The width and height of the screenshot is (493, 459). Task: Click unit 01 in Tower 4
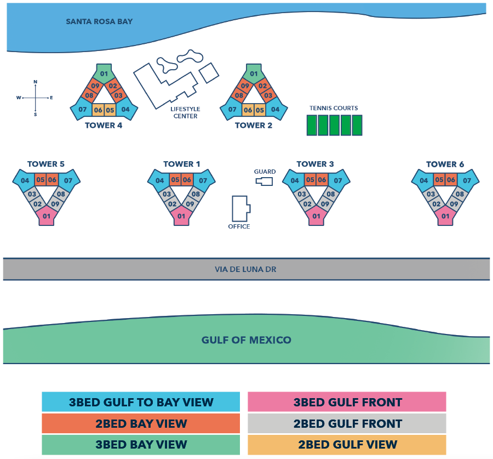pyautogui.click(x=104, y=74)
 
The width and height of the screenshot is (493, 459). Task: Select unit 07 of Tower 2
pyautogui.click(x=232, y=110)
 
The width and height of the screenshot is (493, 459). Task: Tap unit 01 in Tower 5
pyautogui.click(x=47, y=217)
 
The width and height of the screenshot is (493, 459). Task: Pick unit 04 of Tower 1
pyautogui.click(x=159, y=180)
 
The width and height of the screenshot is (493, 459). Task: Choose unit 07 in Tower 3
pyautogui.click(x=338, y=180)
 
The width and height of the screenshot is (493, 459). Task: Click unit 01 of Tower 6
pyautogui.click(x=445, y=217)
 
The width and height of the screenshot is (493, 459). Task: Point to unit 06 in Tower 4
pyautogui.click(x=98, y=110)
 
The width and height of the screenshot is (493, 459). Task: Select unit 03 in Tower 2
pyautogui.click(x=268, y=96)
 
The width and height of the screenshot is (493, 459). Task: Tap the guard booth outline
pyautogui.click(x=265, y=182)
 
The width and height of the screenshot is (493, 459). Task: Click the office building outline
pyautogui.click(x=240, y=208)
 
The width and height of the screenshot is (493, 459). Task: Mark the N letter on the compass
pyautogui.click(x=36, y=82)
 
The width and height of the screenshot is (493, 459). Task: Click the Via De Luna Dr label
pyautogui.click(x=246, y=269)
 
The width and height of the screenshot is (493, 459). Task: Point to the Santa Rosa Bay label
pyautogui.click(x=99, y=22)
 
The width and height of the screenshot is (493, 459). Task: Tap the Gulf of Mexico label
pyautogui.click(x=246, y=340)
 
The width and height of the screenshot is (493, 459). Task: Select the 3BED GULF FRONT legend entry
pyautogui.click(x=347, y=402)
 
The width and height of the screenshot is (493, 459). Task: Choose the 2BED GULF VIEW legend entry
pyautogui.click(x=347, y=445)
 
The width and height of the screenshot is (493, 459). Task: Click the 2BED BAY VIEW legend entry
pyautogui.click(x=141, y=423)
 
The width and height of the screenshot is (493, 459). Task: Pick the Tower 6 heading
pyautogui.click(x=445, y=164)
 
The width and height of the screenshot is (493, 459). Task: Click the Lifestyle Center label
pyautogui.click(x=185, y=112)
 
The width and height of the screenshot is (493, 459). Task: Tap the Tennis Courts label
pyautogui.click(x=334, y=108)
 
